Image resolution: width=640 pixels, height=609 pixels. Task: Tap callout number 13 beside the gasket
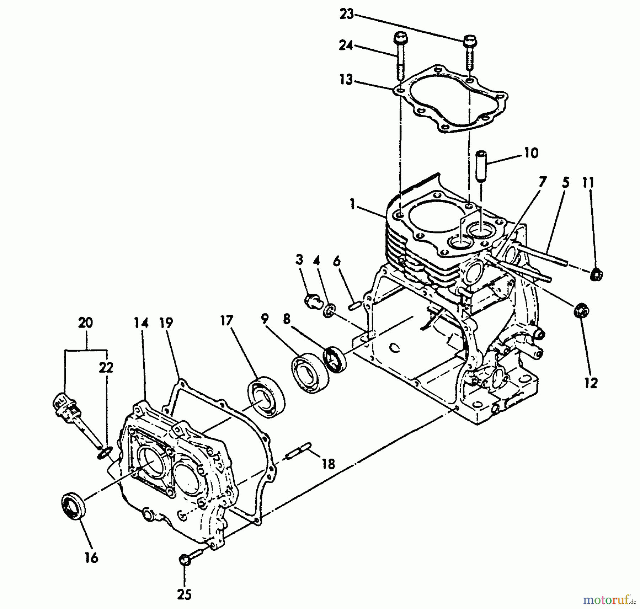click(x=346, y=80)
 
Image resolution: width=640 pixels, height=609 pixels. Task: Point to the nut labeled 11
click(x=596, y=275)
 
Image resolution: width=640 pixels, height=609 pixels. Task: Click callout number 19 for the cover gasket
click(x=166, y=322)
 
